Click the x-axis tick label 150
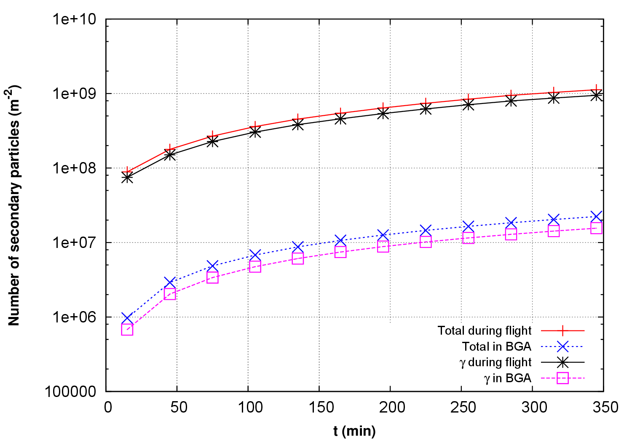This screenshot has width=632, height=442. tap(319, 407)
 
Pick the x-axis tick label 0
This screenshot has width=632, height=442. tap(107, 407)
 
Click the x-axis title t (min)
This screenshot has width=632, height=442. tap(354, 431)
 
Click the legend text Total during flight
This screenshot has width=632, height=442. tap(485, 331)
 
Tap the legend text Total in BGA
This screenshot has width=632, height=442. tap(496, 347)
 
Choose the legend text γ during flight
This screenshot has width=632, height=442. tap(495, 362)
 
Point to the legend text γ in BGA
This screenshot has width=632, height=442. tap(508, 378)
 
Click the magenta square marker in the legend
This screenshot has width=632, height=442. tap(562, 378)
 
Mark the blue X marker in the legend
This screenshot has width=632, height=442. tap(562, 347)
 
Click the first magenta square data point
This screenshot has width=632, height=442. tap(127, 330)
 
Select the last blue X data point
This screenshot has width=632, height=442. tap(596, 216)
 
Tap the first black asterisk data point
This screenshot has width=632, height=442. tap(127, 178)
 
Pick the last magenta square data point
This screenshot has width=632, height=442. tap(596, 228)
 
